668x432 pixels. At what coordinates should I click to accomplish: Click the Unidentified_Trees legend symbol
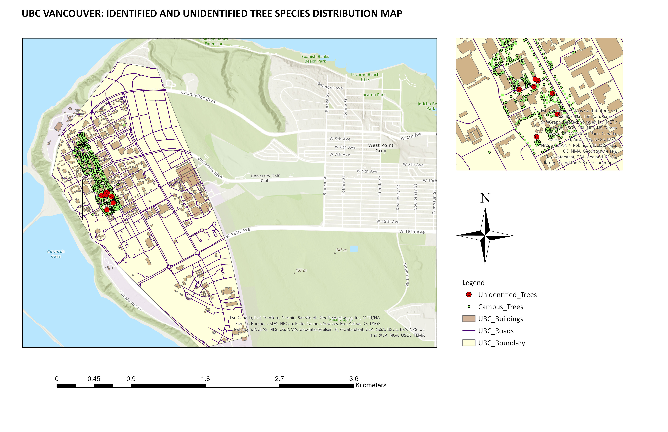469,295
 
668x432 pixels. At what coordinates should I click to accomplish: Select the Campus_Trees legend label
500,307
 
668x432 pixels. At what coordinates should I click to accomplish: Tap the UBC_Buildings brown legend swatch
469,319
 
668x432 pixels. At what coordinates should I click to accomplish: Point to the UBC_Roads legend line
469,331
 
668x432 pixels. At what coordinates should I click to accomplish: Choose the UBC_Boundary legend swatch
469,343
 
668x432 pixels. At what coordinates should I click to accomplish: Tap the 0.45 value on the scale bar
94,379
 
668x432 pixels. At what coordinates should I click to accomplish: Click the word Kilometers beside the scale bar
371,385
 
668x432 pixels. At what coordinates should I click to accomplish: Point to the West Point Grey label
381,148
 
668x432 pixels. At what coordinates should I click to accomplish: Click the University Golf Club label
265,178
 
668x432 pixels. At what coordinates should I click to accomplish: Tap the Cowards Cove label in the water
56,254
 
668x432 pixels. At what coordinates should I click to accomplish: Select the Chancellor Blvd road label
198,97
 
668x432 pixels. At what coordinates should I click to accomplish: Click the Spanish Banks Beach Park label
315,59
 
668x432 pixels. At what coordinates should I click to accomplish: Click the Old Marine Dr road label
131,300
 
